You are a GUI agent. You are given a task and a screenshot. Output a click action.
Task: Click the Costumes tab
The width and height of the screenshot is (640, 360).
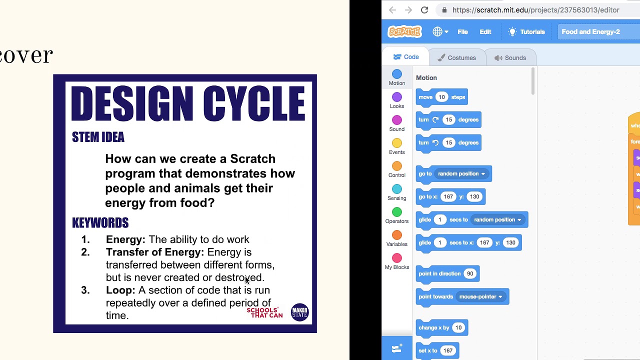457,57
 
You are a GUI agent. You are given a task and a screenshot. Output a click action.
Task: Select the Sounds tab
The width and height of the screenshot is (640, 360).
510,57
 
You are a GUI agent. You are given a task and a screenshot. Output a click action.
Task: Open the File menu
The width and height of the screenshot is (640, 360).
462,32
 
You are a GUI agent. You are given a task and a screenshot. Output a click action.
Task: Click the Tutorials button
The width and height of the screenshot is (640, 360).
526,32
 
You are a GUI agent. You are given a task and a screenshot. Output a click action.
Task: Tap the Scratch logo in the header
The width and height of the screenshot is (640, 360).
405,32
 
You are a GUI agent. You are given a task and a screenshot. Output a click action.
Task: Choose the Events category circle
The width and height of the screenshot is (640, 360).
397,143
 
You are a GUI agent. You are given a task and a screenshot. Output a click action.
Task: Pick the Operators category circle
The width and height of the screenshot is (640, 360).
397,212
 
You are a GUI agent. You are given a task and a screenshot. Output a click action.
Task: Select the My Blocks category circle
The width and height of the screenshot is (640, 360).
397,258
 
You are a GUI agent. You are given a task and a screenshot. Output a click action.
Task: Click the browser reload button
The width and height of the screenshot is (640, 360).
424,10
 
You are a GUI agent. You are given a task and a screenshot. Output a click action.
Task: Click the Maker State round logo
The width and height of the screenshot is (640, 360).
299,312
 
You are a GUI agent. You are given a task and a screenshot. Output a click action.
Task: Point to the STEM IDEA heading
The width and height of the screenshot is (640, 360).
98,137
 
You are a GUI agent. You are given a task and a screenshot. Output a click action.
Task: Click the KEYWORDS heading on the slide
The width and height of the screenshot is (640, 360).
100,223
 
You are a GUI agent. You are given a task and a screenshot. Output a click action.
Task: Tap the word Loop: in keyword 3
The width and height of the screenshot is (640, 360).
120,290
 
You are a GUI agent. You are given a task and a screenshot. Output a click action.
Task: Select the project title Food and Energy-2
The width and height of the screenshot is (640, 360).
590,32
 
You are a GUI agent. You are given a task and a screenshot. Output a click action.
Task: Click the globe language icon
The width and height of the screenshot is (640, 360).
437,32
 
